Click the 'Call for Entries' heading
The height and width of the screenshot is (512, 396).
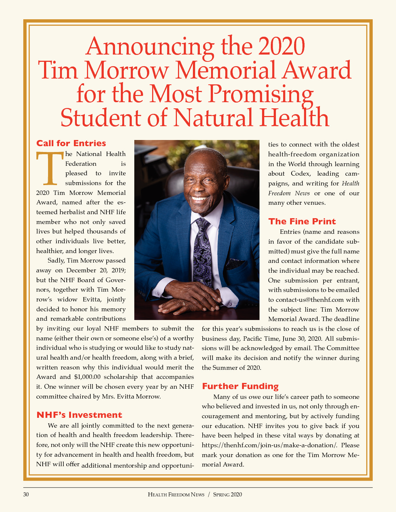(x=71, y=143)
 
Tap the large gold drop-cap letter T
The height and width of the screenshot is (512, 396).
(x=50, y=168)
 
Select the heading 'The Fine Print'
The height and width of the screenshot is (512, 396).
(x=302, y=221)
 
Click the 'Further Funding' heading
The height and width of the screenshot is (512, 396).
(x=240, y=386)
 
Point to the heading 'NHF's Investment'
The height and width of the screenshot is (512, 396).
(x=79, y=415)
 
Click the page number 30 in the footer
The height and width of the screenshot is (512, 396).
(x=26, y=495)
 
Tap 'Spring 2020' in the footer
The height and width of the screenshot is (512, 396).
(x=227, y=495)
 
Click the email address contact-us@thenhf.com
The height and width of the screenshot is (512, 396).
(x=310, y=300)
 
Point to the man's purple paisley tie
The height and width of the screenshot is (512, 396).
(x=202, y=247)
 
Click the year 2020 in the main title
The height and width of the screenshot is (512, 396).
(x=281, y=47)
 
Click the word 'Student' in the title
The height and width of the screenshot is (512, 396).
(x=101, y=118)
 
